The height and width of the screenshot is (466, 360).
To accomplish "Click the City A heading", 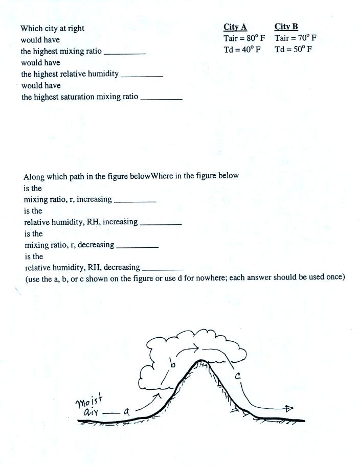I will tap(235, 27).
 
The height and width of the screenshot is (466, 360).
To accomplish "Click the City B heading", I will tap(286, 27).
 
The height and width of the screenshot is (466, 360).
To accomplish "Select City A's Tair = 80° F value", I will tap(244, 38).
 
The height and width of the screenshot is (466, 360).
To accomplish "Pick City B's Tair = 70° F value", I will tap(295, 38).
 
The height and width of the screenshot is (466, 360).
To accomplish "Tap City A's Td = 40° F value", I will tap(242, 49).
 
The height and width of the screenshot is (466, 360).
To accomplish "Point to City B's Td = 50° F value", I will tap(293, 49).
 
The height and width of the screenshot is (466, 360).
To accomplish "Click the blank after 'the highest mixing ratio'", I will tap(125, 53).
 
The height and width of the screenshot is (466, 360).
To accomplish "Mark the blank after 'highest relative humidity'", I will tap(141, 75).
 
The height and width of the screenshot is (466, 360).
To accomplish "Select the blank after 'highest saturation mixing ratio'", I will tap(161, 98).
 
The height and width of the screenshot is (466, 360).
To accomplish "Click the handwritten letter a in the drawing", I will tap(126, 411).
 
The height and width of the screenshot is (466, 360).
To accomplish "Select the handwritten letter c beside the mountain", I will tap(238, 376).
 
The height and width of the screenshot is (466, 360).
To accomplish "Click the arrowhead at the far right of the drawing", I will tap(289, 408).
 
